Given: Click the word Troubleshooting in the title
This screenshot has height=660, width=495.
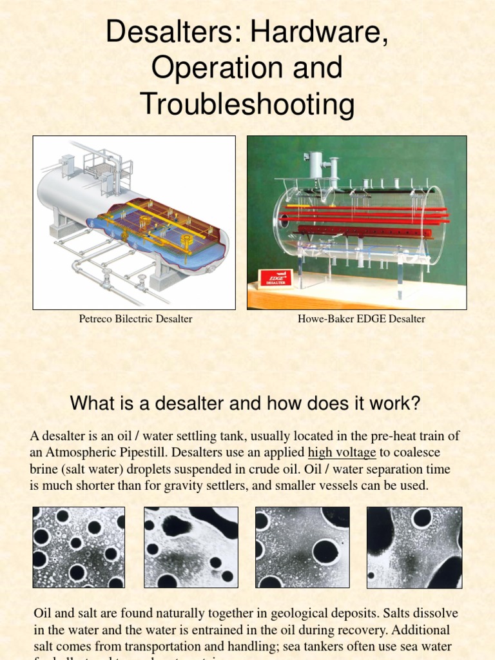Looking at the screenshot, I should pos(247,104).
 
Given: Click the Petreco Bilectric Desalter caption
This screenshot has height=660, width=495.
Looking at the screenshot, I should pos(135,319).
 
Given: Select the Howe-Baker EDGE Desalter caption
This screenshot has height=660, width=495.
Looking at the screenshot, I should pos(361,319).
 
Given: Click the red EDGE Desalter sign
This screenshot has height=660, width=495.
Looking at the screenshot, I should pos(275,278).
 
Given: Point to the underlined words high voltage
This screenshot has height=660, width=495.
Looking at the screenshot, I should pos(342,452).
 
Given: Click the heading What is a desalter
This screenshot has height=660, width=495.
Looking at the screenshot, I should pos(245,404).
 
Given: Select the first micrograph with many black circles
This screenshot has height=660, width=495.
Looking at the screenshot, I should pos(79,547).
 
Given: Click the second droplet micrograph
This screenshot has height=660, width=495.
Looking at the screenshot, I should pos(191,547).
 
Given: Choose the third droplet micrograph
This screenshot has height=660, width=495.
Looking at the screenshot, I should pos(302,547).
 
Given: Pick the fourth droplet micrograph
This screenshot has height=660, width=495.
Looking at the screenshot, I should pos(414,547).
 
